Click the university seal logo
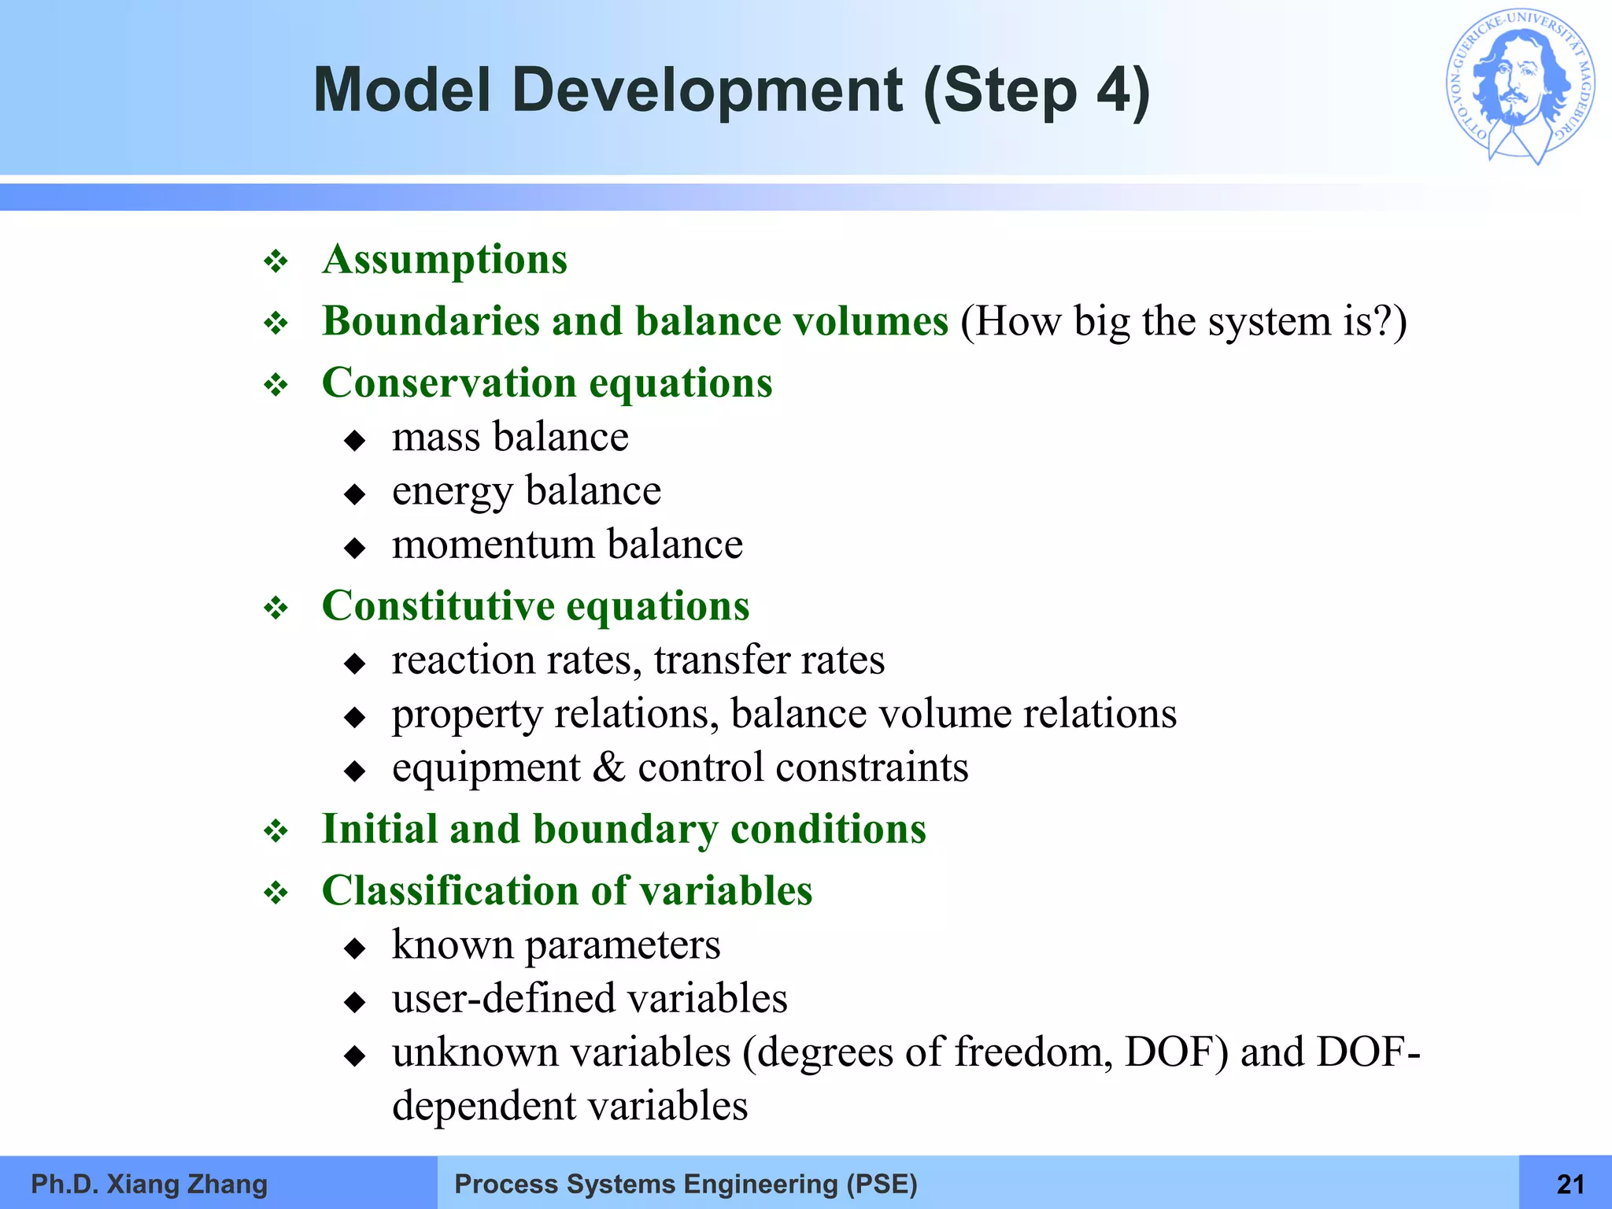click(1521, 87)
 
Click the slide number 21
click(1570, 1184)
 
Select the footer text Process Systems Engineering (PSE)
click(686, 1184)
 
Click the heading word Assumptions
click(445, 260)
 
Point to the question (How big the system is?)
click(1183, 321)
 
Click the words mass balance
click(510, 437)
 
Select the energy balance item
click(526, 491)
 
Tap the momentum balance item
click(567, 545)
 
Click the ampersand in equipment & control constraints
click(608, 767)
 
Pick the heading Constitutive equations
click(535, 606)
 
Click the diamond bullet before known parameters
click(355, 948)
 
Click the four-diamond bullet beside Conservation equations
click(276, 386)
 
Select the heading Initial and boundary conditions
click(623, 829)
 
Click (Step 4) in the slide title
click(1036, 91)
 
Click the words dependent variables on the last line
click(569, 1106)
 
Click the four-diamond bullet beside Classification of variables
click(276, 893)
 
